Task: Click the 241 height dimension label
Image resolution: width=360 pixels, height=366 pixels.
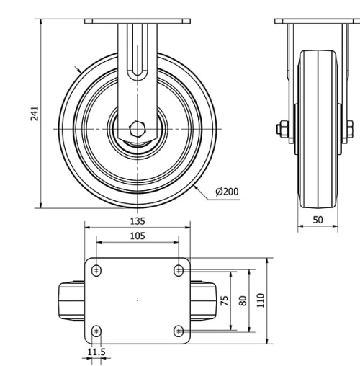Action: pos(35,113)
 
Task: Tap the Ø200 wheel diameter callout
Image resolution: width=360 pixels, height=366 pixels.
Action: pos(227,192)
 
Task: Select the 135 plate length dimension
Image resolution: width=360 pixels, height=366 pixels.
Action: pos(138,221)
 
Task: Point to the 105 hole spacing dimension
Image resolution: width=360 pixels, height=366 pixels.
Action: pos(138,236)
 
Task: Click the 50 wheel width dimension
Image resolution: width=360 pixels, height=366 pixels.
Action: pos(318,220)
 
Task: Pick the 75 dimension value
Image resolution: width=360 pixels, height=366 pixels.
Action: pos(224,300)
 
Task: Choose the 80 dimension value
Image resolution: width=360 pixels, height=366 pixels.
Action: pos(243,300)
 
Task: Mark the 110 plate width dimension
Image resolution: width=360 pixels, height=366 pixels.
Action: pos(261,300)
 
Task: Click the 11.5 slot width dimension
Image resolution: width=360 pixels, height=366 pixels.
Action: pos(96,352)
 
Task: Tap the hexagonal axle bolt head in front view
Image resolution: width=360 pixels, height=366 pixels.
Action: pos(138,129)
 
